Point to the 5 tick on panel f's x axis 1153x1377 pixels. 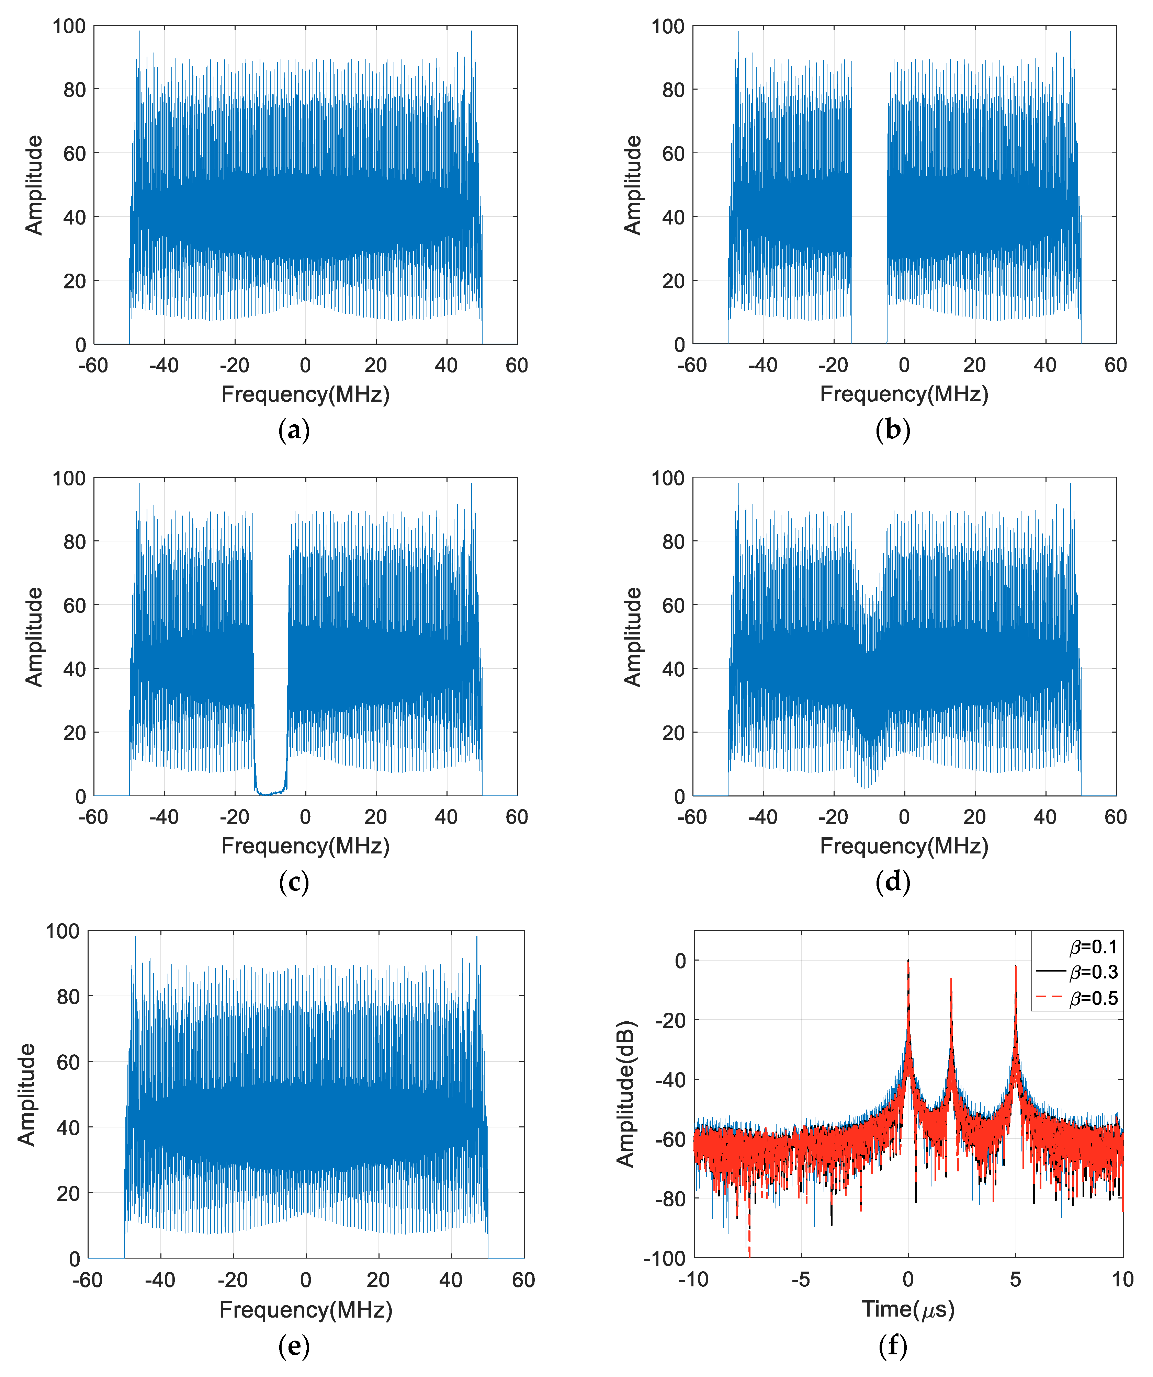1015,1279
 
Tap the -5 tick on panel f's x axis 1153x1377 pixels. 801,1279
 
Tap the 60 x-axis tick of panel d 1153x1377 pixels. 1115,817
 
